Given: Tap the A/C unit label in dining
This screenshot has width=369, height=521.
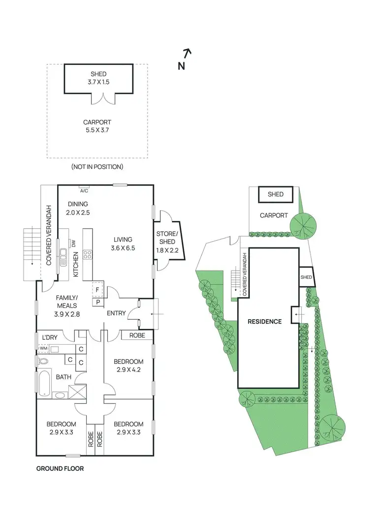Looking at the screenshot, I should tap(84, 191).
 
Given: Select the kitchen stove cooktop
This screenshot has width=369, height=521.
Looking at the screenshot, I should tap(88, 255).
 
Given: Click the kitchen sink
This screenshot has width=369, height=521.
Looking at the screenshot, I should tap(63, 255).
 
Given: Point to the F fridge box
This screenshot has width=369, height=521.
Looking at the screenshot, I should tap(97, 290).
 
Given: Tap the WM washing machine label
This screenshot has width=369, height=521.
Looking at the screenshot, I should tap(43, 349).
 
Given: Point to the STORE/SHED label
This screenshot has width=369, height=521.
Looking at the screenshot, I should tap(165, 238).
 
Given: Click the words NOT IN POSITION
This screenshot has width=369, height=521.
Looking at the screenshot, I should tap(97, 167).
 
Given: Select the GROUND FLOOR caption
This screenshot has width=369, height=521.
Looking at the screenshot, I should tap(60, 468).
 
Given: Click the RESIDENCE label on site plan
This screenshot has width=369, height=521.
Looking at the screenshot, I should tap(265, 322).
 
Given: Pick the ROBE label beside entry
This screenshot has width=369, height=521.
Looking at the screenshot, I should tap(137, 336).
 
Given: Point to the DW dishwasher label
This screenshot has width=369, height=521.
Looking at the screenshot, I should tap(73, 244).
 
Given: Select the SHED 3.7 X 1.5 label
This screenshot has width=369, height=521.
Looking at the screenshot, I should tap(99, 78).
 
